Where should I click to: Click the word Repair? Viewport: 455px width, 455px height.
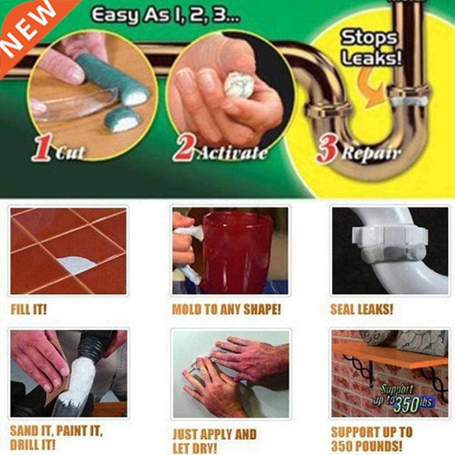(372, 154)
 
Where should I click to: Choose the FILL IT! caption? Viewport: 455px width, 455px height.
(29, 310)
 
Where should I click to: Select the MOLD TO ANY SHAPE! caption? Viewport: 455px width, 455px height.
(226, 310)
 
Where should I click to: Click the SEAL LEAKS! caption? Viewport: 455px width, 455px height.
(361, 310)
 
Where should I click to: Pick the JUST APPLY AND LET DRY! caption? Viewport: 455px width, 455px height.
(215, 440)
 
